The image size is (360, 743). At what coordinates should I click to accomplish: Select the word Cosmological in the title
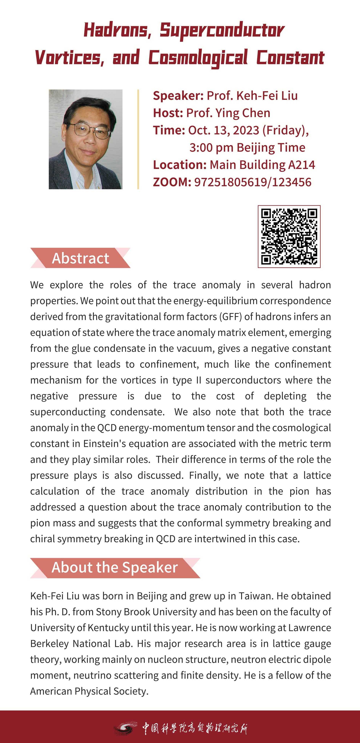(x=198, y=58)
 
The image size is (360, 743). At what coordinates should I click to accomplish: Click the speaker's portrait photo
(x=85, y=139)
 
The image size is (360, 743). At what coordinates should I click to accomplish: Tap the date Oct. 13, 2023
(x=224, y=130)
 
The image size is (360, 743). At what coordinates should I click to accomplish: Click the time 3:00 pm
(x=211, y=148)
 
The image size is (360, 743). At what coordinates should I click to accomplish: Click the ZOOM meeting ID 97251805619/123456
(x=253, y=182)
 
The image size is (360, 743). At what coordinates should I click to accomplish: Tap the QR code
(x=289, y=237)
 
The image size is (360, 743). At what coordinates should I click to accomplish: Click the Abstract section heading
(x=81, y=258)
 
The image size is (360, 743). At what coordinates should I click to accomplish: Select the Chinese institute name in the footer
(x=195, y=727)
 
